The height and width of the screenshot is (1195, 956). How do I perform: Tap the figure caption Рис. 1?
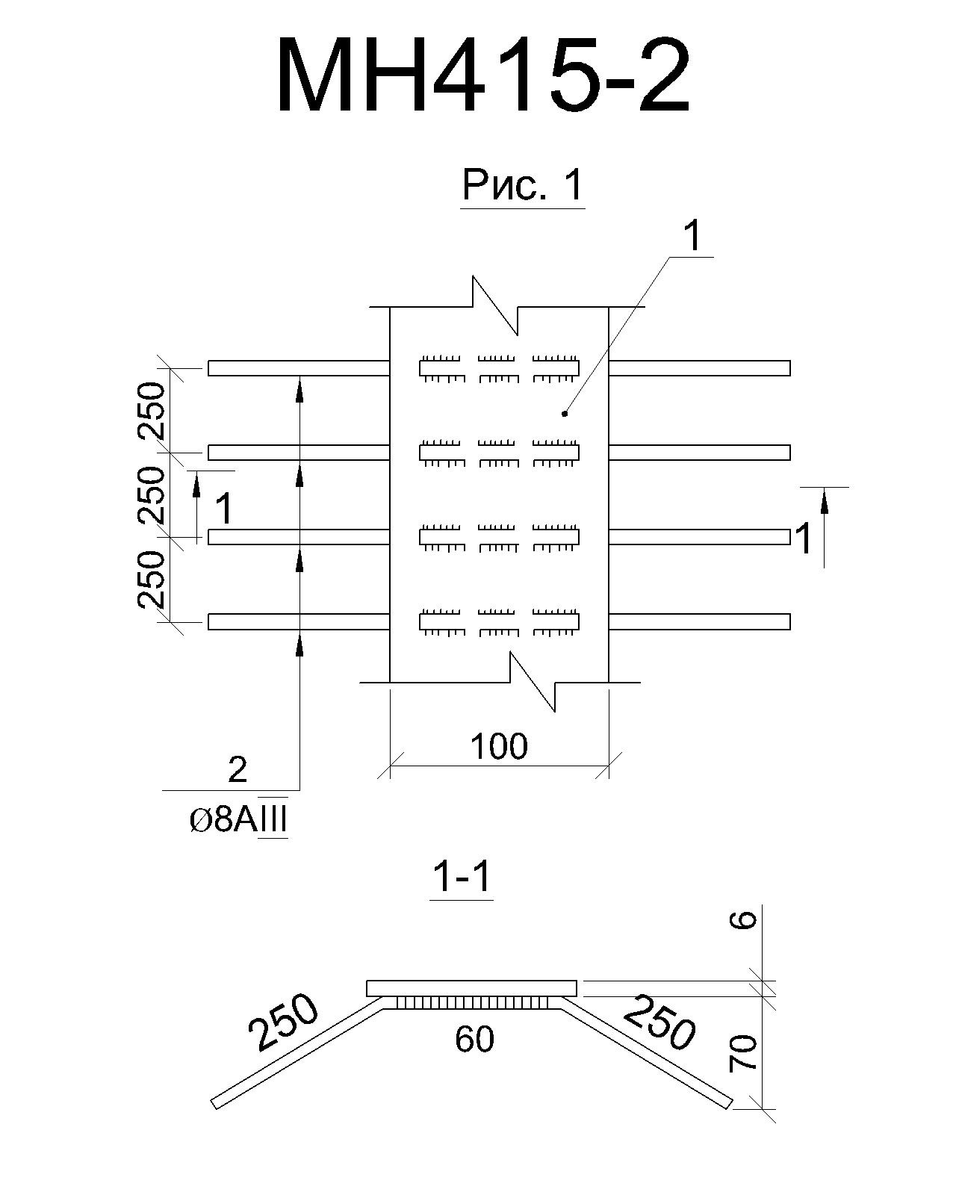pos(523,184)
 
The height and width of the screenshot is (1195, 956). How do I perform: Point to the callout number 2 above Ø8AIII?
pos(238,769)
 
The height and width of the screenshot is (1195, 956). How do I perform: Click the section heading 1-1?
pos(462,878)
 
